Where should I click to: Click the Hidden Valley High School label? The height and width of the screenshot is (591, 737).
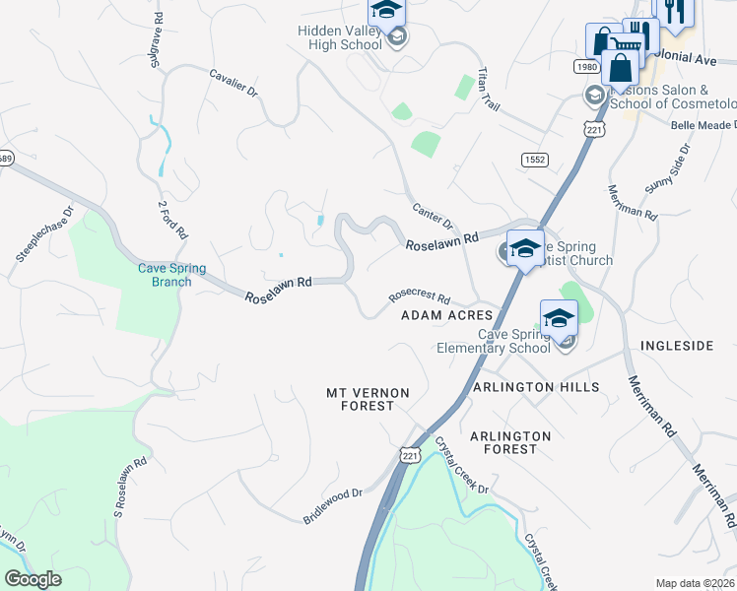click(x=340, y=37)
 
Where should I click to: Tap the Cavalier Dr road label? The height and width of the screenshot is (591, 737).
click(x=233, y=83)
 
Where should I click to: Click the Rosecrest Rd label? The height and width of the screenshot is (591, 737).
click(x=419, y=296)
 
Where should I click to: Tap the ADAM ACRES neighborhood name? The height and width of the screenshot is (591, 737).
click(x=447, y=315)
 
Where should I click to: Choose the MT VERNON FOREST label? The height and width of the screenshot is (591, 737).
click(x=368, y=399)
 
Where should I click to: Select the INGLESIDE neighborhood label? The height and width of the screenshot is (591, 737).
click(x=677, y=346)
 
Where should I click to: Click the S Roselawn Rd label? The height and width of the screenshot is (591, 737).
click(x=130, y=487)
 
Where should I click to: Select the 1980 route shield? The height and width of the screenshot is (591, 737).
click(x=586, y=66)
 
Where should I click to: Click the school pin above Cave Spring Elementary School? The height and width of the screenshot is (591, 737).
click(x=559, y=317)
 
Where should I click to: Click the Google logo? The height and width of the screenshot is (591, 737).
click(x=33, y=579)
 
